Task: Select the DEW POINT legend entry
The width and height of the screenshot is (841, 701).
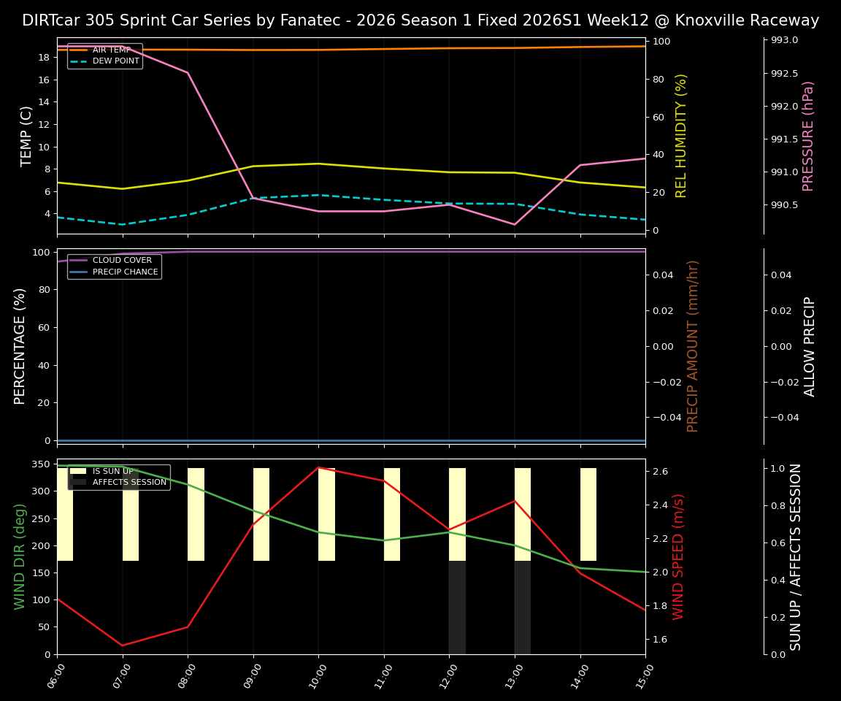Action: pos(115,61)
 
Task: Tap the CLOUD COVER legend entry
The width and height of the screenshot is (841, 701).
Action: pos(122,261)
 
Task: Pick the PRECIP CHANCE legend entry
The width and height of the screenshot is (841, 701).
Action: pos(125,272)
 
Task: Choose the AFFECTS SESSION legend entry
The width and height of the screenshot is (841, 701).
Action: pos(129,483)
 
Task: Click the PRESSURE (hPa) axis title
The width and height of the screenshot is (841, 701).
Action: pos(808,136)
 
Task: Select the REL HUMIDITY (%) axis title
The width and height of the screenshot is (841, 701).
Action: pos(681,136)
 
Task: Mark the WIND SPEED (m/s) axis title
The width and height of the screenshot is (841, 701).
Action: pos(679,556)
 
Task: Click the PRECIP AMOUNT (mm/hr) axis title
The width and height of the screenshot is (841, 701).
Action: pos(694,346)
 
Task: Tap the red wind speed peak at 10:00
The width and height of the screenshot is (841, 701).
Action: pos(318,467)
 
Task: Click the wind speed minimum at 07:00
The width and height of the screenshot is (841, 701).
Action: pos(123,646)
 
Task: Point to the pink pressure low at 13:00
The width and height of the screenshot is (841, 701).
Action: pos(515,224)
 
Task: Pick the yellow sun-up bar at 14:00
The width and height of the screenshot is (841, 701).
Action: pos(588,514)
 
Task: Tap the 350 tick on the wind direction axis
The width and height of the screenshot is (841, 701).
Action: pos(41,464)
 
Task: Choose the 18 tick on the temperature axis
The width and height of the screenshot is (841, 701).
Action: pos(44,57)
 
